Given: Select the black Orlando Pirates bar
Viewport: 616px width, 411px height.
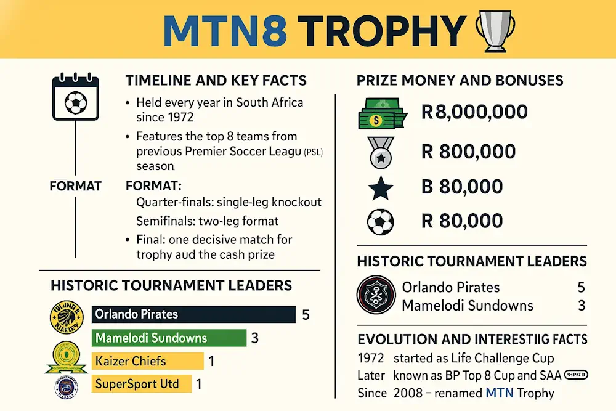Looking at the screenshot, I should tap(193, 314).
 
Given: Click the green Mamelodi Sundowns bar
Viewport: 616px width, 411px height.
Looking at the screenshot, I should tap(169, 338).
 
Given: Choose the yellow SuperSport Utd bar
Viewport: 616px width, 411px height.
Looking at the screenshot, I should tap(142, 384).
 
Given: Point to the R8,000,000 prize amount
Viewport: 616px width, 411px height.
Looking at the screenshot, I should tap(474, 112).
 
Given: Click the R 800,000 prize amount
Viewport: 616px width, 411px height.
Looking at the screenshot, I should tap(469, 151).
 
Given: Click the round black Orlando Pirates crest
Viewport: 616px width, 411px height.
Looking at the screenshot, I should tap(376, 296).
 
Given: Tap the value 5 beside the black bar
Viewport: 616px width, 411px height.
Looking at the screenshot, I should tap(306, 315).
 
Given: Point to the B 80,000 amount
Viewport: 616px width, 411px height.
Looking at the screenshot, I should tap(462, 186).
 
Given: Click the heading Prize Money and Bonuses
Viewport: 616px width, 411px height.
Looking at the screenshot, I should tap(460, 80).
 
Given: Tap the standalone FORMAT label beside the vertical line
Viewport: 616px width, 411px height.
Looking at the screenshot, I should tap(75, 185).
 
